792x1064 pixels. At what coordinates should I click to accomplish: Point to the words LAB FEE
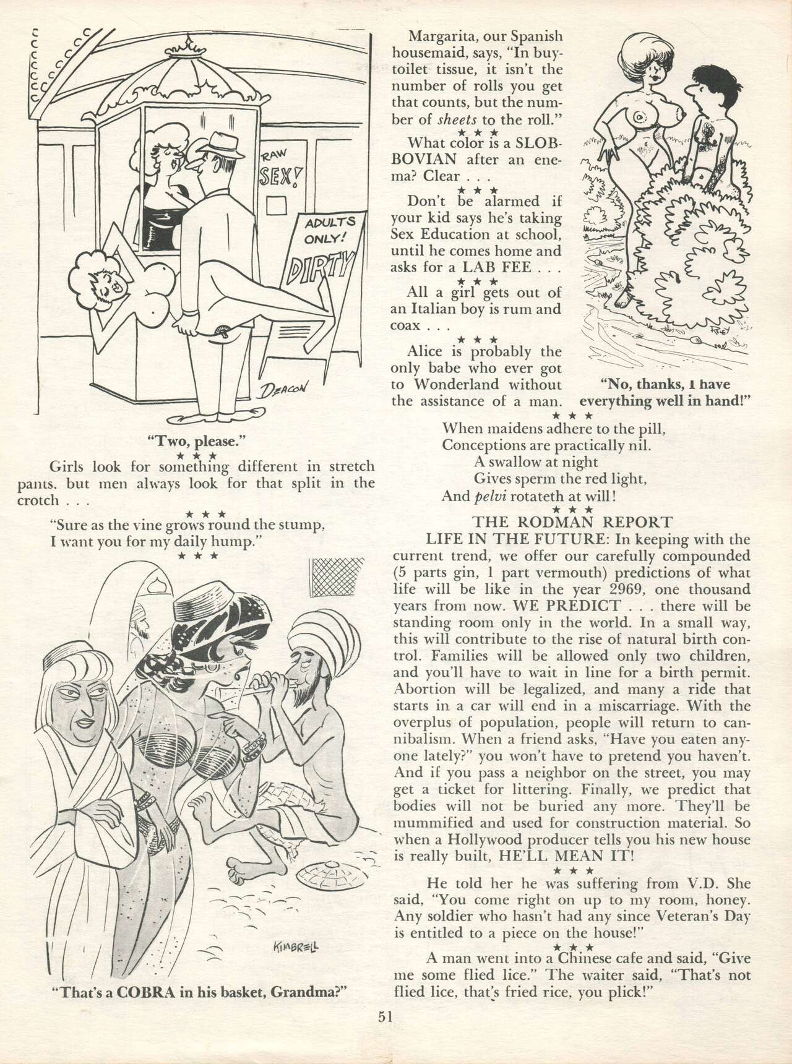pyautogui.click(x=510, y=268)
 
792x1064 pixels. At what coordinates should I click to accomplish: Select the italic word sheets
pyautogui.click(x=440, y=119)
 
